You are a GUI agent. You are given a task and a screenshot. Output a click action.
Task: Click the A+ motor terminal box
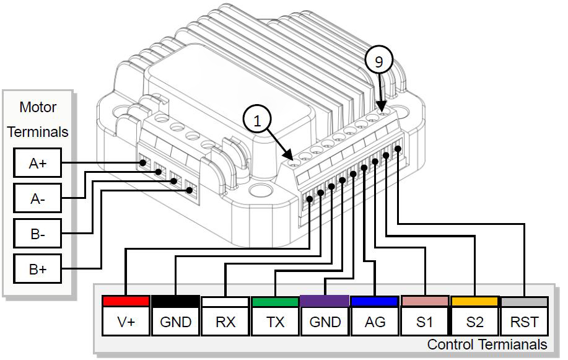pos(37,164)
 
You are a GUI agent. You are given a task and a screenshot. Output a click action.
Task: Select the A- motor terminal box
pos(37,199)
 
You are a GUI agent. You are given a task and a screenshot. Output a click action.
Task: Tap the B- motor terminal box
pos(37,234)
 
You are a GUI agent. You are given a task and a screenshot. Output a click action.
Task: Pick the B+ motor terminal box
pos(37,270)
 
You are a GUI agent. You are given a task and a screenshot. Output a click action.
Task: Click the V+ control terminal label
pos(126,322)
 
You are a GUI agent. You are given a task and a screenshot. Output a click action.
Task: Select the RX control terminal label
pos(225,322)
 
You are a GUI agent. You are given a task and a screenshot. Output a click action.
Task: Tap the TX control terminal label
pos(274,322)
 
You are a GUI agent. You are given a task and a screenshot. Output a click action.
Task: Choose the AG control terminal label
pos(374,322)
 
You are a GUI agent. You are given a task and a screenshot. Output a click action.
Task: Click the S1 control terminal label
pos(424,322)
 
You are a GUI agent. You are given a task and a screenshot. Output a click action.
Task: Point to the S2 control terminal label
pos(474,322)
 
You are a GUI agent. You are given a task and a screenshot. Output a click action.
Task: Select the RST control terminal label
pos(524,322)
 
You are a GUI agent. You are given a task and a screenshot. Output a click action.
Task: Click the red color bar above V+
pos(126,301)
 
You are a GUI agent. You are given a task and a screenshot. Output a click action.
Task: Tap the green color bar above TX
pos(274,302)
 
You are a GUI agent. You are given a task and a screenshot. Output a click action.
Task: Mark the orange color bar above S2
pos(474,301)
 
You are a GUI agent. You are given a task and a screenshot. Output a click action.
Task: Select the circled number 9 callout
pos(379,60)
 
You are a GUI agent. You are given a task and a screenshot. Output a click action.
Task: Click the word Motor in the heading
pos(38,107)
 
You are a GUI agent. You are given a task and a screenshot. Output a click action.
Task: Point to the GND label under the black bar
pos(175,322)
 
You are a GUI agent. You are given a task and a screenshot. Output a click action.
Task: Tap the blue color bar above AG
pos(374,301)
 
